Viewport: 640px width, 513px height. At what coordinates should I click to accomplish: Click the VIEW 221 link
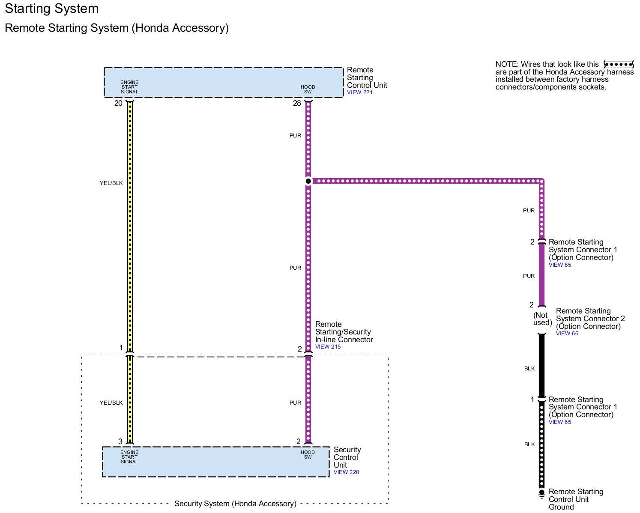pos(359,92)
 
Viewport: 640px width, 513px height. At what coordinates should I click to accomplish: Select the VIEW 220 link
pos(346,472)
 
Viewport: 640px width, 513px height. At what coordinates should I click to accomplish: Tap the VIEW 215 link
pos(328,347)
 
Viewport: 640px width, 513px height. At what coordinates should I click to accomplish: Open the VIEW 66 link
pos(567,334)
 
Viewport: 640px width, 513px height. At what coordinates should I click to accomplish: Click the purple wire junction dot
pos(308,181)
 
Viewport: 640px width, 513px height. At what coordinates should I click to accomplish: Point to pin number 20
pos(118,103)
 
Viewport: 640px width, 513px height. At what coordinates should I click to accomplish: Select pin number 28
pos(297,103)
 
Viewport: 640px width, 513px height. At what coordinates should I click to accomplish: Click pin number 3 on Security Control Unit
pos(120,441)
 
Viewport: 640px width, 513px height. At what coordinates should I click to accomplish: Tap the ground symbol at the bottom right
pos(541,494)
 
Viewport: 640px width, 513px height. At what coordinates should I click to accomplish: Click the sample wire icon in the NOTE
pos(618,65)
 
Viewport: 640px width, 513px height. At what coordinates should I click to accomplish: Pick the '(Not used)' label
pos(542,319)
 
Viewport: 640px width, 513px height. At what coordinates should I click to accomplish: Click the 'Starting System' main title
pos(52,9)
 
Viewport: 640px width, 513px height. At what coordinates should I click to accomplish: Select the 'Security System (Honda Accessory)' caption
pos(235,504)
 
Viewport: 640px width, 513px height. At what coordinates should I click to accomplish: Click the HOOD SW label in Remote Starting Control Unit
pos(308,89)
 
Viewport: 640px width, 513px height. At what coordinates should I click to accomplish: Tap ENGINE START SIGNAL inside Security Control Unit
pos(129,457)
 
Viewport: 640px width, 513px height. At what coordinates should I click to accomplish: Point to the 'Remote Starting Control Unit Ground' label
pos(575,499)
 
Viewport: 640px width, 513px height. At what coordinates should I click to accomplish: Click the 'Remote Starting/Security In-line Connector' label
pos(344,332)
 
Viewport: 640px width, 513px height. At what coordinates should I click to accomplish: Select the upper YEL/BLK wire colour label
pos(111,183)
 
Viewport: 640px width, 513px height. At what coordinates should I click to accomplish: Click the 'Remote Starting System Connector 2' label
pos(590,319)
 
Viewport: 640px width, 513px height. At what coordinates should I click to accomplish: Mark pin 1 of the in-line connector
pos(121,348)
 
